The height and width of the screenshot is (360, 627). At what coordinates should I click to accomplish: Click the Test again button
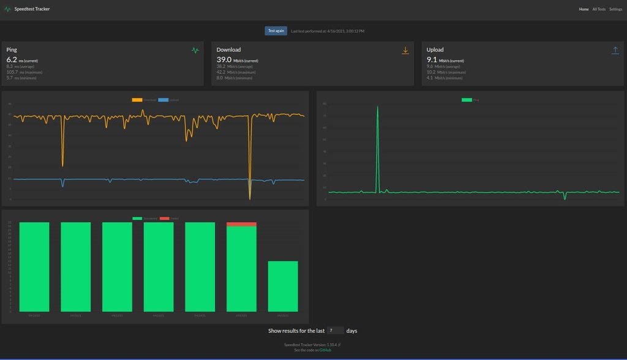[276, 31]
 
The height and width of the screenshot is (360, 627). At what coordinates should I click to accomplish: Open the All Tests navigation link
[599, 9]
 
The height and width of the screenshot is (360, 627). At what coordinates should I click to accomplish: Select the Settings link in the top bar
[615, 9]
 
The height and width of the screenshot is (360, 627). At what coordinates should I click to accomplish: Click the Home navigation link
[584, 9]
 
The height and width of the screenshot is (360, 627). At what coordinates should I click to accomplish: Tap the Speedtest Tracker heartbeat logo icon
[7, 9]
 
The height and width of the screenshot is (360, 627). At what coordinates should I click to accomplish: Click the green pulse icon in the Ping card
[195, 50]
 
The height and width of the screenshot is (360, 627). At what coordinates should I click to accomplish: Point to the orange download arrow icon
[405, 50]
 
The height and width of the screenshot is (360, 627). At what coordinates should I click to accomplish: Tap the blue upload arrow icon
[615, 50]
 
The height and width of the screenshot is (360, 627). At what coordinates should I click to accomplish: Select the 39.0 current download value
[223, 59]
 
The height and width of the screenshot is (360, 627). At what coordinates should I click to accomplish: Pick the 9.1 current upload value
[432, 59]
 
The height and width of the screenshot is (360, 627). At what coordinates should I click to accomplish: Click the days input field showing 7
[336, 331]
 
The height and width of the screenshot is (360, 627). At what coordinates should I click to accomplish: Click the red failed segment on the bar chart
[241, 224]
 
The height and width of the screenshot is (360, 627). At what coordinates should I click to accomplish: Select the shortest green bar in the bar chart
[283, 286]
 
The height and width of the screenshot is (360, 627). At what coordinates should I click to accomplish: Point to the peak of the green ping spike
[377, 107]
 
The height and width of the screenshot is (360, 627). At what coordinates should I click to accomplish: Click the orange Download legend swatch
[137, 100]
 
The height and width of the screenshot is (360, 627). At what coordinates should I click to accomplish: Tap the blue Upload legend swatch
[163, 100]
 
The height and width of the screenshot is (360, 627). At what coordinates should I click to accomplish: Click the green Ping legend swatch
[467, 100]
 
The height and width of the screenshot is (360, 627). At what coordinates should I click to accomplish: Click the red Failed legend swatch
[163, 218]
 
